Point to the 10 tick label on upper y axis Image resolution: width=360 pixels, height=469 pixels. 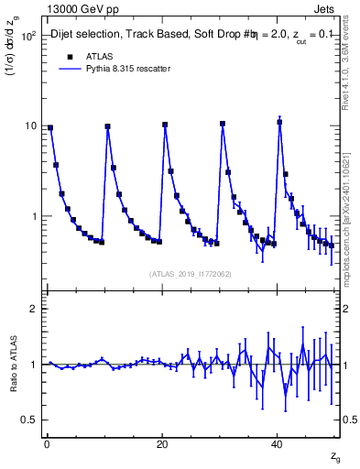30,125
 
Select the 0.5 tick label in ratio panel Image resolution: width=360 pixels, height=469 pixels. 27,420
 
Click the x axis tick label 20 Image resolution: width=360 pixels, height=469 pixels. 162,443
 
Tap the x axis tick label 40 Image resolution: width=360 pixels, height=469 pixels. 277,443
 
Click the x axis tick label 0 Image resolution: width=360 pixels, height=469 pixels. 47,443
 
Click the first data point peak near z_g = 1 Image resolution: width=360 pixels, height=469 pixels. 50,128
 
